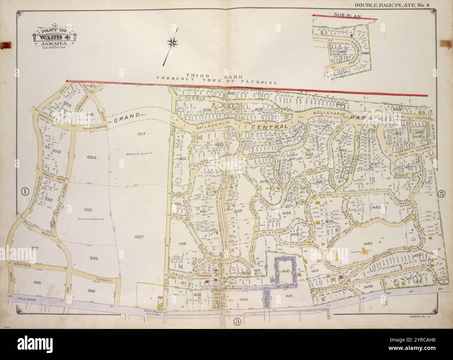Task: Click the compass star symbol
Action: (172, 43)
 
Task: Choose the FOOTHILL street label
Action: (325, 290)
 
